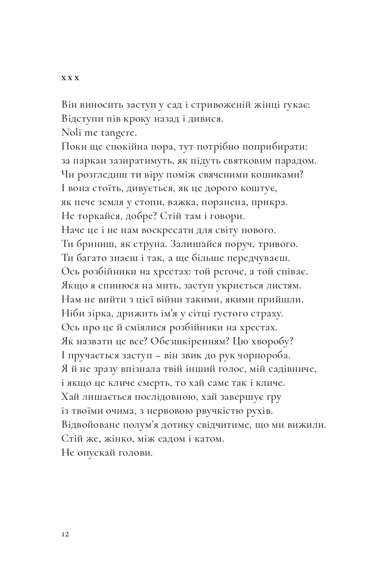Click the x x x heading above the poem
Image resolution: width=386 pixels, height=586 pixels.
(x=70, y=78)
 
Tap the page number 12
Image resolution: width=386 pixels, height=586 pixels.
(x=65, y=535)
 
